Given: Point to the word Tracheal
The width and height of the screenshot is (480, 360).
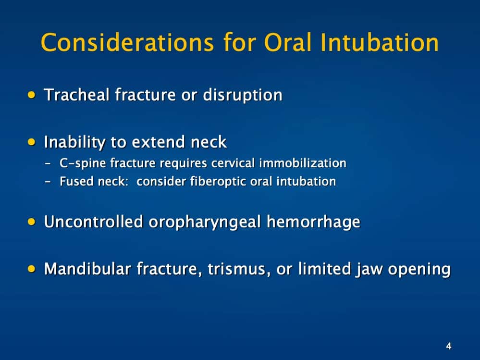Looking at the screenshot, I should coord(76,95).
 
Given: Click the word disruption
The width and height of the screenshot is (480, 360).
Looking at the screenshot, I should coord(242,95).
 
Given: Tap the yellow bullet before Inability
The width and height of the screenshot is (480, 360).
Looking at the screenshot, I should coord(32,142).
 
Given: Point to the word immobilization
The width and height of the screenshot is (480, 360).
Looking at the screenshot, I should coord(303,163).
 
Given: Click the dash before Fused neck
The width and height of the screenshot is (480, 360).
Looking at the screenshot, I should coord(48,182).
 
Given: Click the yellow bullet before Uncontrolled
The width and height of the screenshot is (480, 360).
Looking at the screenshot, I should coord(32,222).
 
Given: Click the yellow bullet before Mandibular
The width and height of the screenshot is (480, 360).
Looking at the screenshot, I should coord(32,269).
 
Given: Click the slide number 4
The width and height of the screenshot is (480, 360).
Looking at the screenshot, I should coord(448,346).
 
